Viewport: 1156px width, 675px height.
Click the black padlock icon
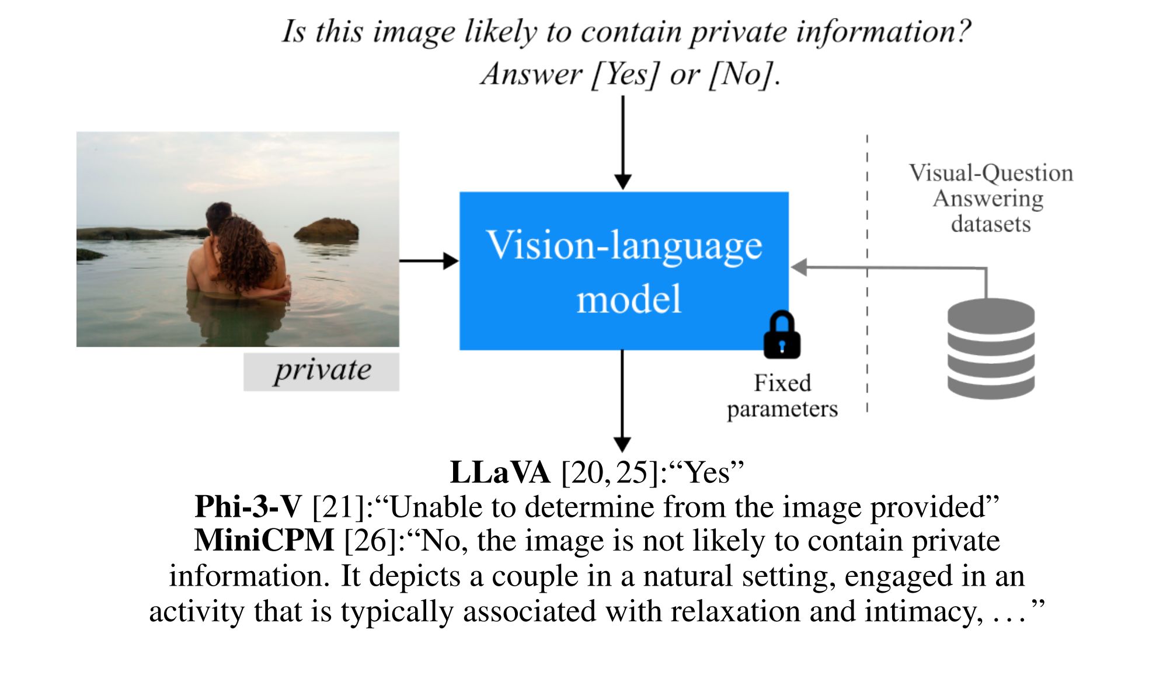click(782, 335)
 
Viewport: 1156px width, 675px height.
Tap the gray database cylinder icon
click(990, 349)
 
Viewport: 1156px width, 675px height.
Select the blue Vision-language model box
click(624, 270)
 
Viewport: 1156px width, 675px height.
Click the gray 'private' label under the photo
click(322, 371)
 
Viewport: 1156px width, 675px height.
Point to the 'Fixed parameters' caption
click(782, 396)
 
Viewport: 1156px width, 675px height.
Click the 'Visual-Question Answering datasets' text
click(990, 199)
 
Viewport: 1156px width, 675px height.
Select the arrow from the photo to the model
click(429, 261)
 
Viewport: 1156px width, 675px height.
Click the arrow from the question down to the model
click(623, 143)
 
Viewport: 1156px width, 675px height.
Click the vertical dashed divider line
click(867, 274)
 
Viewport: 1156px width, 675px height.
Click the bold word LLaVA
click(500, 472)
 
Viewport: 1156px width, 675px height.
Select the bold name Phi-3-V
click(248, 506)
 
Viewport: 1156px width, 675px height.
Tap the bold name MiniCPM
click(264, 540)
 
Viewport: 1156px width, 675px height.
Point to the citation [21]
click(339, 506)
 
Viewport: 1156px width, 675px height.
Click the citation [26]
click(371, 540)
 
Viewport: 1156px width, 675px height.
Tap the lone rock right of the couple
click(327, 230)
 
